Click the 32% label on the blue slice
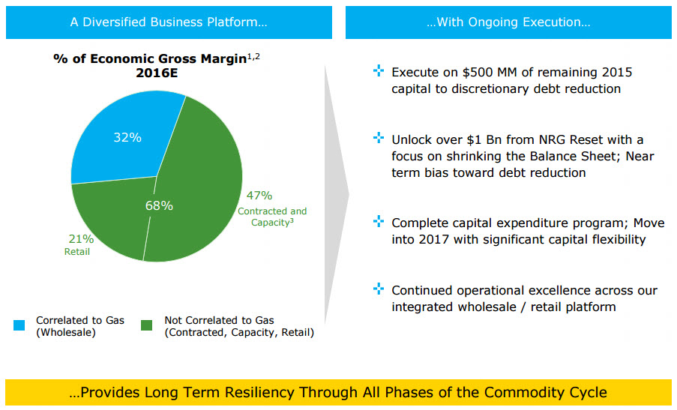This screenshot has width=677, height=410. tap(127, 137)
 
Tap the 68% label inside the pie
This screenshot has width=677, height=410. tap(158, 205)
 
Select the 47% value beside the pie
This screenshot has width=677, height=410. tap(259, 196)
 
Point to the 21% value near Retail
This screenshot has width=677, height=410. tap(81, 239)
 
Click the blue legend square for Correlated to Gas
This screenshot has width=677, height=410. tap(19, 325)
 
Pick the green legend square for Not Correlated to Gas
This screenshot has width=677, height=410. tap(148, 325)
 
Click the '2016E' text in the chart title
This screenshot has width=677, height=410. tap(157, 73)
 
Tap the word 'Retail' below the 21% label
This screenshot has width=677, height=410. tap(77, 252)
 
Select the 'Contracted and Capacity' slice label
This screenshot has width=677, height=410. tap(272, 217)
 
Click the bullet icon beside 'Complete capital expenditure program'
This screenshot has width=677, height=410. tap(379, 222)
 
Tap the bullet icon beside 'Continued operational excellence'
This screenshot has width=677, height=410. tap(379, 289)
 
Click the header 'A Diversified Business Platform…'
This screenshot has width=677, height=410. tap(169, 22)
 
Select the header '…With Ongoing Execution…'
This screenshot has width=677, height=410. tap(508, 22)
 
